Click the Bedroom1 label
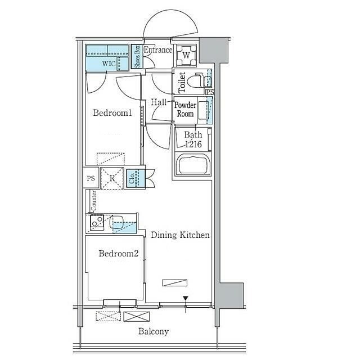[112, 112]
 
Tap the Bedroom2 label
[119, 253]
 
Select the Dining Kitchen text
[180, 235]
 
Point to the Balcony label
[154, 331]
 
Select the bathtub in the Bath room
[192, 164]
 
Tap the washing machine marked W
[186, 55]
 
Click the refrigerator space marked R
[112, 178]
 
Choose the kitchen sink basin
[116, 222]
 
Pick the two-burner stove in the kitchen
[97, 222]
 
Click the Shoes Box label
[137, 56]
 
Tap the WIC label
[109, 64]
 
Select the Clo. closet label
[132, 178]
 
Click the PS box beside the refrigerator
[91, 178]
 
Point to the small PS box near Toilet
[210, 92]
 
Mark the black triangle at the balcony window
[186, 299]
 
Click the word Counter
[94, 200]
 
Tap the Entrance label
[158, 50]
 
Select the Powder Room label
[185, 109]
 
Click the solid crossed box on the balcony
[137, 316]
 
